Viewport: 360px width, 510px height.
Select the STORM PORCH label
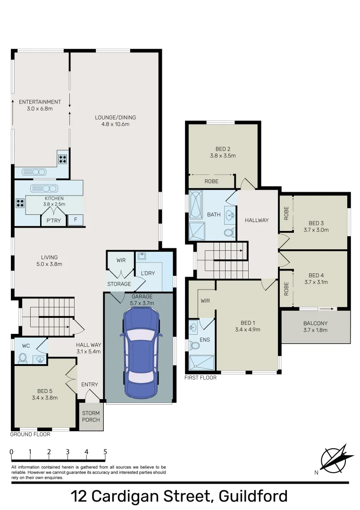(91, 416)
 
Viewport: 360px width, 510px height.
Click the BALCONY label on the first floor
(315, 323)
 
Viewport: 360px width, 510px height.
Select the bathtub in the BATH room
(195, 204)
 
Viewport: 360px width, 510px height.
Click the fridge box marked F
(75, 220)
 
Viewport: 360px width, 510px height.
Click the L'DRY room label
(148, 273)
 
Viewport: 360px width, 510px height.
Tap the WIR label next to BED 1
(205, 300)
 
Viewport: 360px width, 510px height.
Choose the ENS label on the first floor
(205, 339)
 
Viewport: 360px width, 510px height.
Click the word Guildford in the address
(253, 496)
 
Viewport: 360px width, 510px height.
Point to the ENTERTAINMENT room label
(40, 102)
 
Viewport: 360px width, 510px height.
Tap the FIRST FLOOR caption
(201, 378)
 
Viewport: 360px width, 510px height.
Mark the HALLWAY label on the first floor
(257, 220)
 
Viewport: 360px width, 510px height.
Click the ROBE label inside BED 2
(211, 181)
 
